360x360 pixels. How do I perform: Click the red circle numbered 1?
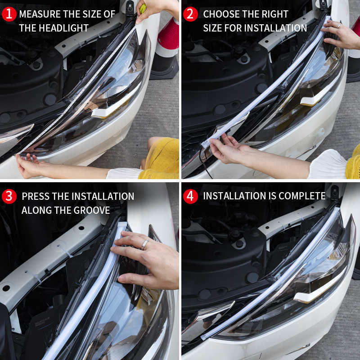(9, 14)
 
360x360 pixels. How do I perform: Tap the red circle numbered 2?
(190, 14)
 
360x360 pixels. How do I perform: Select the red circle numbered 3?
(9, 196)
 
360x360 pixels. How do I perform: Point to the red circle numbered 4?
(190, 196)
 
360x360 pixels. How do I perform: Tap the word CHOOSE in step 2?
(221, 14)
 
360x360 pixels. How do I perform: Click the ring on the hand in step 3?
(145, 244)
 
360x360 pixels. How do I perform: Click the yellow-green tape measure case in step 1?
(143, 8)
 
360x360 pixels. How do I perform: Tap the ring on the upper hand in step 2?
(338, 26)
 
